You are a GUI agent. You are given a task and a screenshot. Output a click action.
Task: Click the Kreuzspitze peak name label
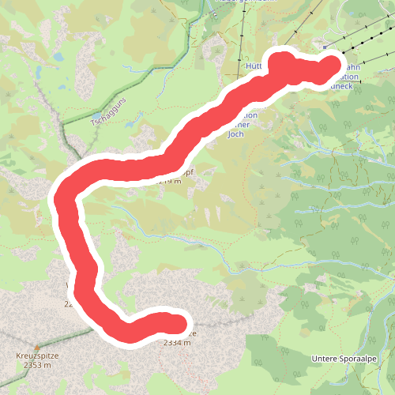[37, 355]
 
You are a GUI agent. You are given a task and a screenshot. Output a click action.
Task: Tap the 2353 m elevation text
[37, 365]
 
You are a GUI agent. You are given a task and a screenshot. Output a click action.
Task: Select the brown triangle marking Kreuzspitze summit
[36, 345]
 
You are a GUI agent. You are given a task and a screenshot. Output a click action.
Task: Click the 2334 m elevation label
[177, 343]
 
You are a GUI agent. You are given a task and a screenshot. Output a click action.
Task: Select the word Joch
[235, 134]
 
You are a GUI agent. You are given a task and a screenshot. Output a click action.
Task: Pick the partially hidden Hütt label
[254, 66]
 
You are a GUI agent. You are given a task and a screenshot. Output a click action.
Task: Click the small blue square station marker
[325, 47]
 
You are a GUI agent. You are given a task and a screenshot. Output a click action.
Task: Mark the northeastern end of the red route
[332, 66]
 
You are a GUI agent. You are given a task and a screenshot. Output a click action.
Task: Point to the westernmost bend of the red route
[62, 197]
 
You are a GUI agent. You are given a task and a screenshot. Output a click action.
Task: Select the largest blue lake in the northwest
[58, 58]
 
